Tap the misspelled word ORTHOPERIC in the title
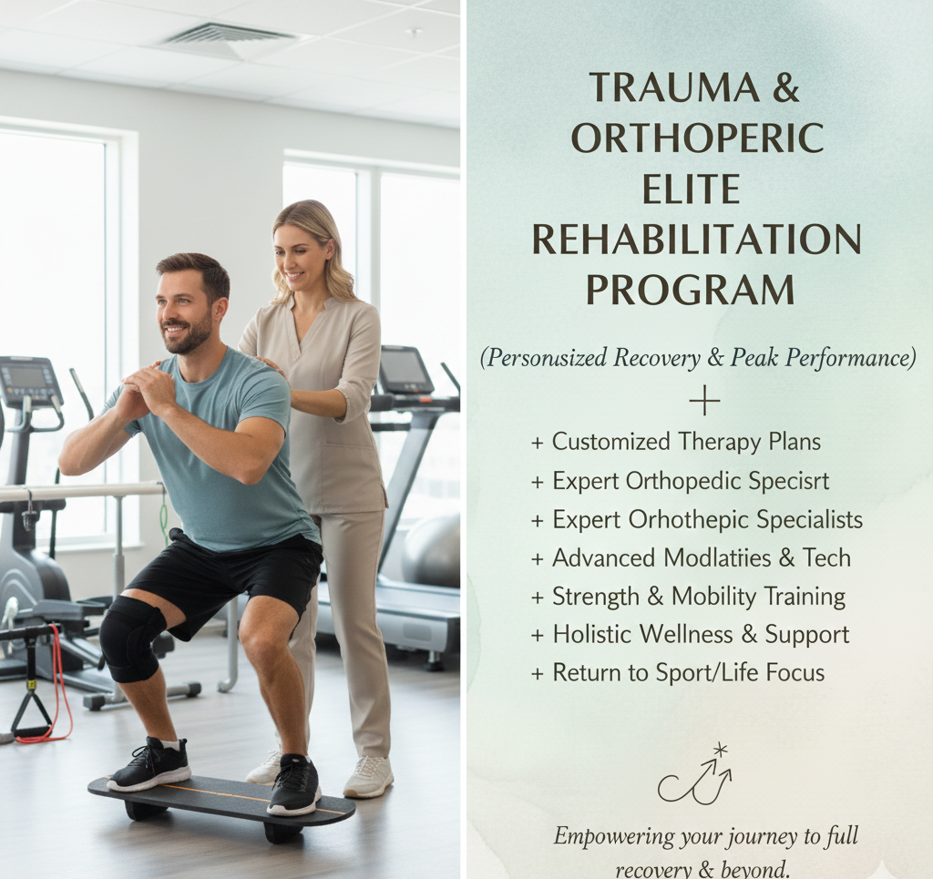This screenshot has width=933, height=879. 697,138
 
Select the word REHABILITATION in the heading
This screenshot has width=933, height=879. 697,240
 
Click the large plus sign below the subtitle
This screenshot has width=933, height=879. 703,401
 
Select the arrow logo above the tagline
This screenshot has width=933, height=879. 697,776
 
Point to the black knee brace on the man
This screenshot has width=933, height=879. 131,638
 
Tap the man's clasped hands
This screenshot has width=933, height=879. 151,392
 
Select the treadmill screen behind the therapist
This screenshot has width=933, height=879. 404,369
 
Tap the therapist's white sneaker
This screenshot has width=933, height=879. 368,775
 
